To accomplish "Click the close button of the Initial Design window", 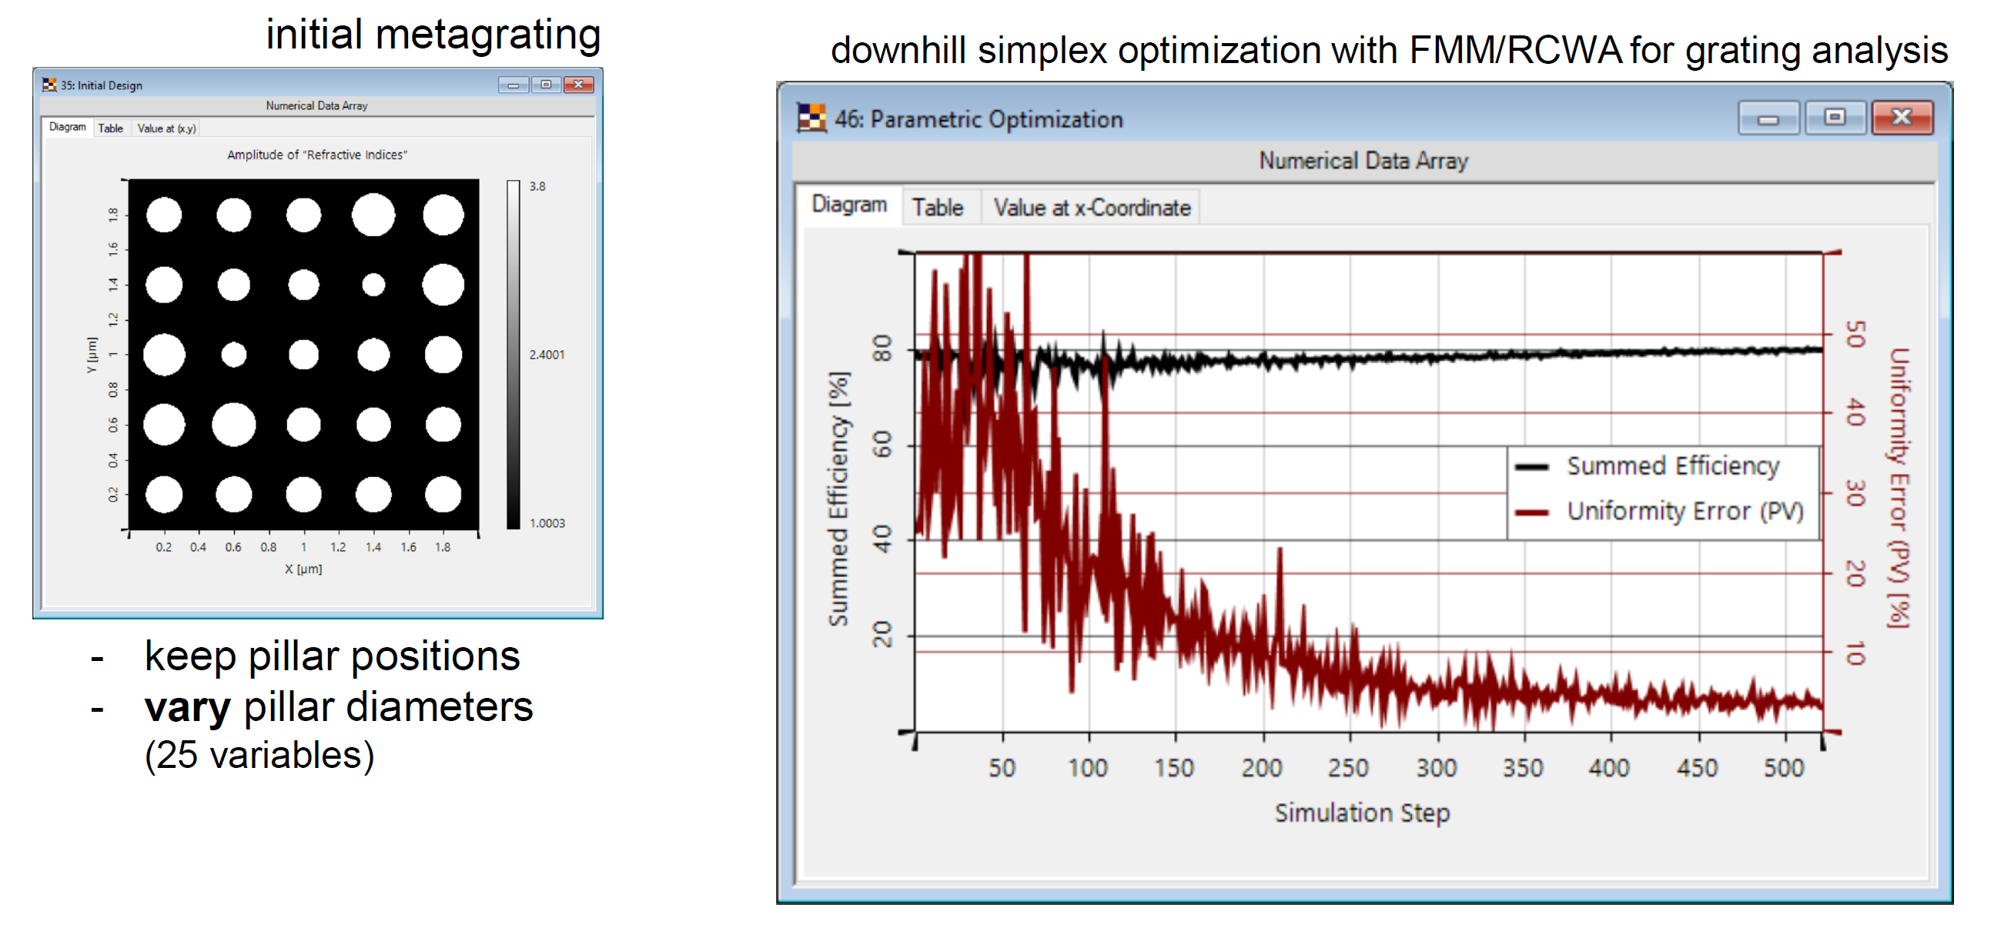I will click(578, 85).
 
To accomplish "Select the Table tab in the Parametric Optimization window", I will click(938, 208).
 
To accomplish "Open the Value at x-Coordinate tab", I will click(1092, 208).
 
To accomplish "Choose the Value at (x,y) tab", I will click(166, 129).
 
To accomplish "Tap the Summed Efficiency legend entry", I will click(1672, 466).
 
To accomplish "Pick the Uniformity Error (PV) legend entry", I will click(1685, 511).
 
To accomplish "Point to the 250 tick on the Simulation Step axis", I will click(1348, 767).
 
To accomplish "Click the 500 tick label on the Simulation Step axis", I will click(1784, 767).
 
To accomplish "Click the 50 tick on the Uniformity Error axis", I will click(1855, 335).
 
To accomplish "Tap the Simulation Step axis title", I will click(1362, 813).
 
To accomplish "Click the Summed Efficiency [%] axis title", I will click(839, 499).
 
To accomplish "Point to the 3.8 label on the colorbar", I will click(537, 186).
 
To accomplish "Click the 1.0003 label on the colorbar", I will click(547, 523).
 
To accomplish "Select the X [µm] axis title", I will click(303, 569).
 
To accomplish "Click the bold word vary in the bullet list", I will click(187, 707).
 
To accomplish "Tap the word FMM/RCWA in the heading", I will click(1515, 51).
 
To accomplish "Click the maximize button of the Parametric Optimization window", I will click(1834, 118).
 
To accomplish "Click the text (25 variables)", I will click(259, 756).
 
